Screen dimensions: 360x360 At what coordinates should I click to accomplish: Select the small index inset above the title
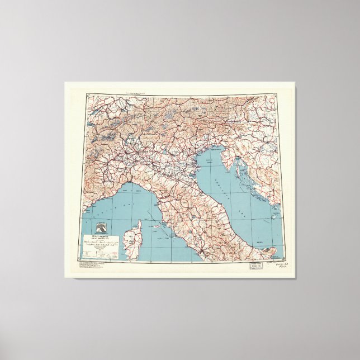[103, 228]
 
